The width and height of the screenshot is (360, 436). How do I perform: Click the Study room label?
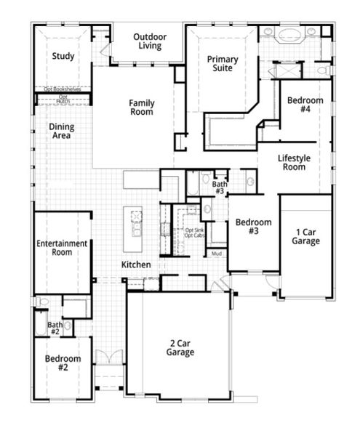64,56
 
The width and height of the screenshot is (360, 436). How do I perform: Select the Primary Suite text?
223,64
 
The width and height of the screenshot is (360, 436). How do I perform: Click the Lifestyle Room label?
295,162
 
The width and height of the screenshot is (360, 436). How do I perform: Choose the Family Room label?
142,108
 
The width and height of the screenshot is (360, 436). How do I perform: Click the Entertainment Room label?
62,248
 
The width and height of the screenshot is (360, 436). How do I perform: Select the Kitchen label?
136,265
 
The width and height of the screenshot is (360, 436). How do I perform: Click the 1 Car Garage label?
305,236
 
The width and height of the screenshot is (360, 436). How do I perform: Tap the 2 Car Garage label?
180,347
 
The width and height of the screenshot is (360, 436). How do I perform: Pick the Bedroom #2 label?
62,363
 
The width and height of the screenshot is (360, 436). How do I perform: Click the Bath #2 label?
54,328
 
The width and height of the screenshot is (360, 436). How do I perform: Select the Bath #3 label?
219,188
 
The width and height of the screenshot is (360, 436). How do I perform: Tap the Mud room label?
217,254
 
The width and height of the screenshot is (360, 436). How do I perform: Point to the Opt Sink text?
193,230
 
